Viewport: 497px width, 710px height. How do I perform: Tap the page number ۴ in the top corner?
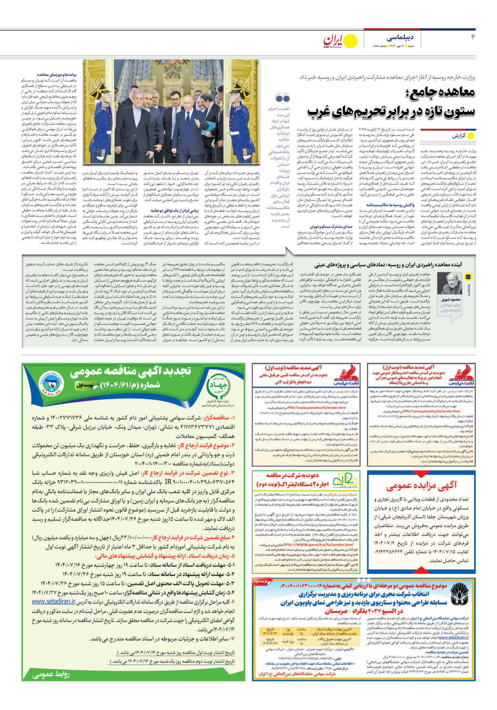[x=473, y=37]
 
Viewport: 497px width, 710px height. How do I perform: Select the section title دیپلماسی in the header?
[x=400, y=37]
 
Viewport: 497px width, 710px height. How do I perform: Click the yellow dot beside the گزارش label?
[x=471, y=136]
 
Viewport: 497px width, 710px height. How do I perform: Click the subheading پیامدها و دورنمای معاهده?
[x=57, y=75]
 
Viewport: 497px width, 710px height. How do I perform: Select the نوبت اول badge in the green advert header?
[x=85, y=385]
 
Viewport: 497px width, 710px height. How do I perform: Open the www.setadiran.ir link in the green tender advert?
[x=54, y=602]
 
